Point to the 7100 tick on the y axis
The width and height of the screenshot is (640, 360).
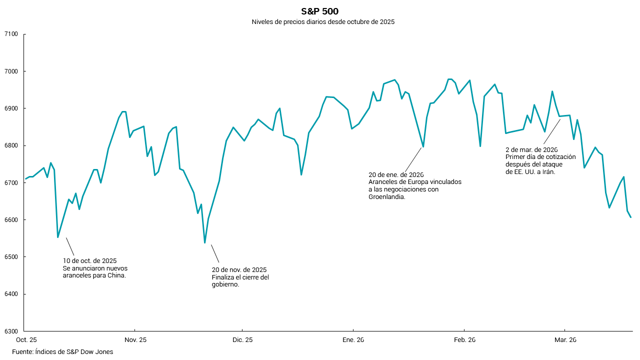tap(10, 34)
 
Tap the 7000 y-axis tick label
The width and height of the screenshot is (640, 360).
tap(10, 71)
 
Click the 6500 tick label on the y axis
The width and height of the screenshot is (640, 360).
tap(10, 257)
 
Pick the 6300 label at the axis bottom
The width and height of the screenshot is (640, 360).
tap(10, 331)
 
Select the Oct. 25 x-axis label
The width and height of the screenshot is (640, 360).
tap(26, 340)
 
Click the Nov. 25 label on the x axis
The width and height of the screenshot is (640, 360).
tap(135, 340)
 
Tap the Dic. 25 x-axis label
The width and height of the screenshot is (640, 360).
tap(242, 340)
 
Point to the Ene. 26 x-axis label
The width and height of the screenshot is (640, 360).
tap(353, 340)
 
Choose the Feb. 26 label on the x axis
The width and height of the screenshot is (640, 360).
tap(464, 340)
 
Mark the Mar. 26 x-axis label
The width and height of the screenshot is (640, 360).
tap(565, 340)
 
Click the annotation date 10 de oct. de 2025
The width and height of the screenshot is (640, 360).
tap(89, 261)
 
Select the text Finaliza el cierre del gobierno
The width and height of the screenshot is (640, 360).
tap(240, 280)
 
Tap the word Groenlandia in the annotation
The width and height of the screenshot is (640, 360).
tap(386, 197)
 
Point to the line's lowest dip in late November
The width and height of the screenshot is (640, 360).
tap(205, 243)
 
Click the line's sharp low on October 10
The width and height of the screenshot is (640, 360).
tap(58, 237)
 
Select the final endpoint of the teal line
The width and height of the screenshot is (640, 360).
tap(631, 217)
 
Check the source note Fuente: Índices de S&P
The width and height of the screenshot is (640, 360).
tap(62, 352)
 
